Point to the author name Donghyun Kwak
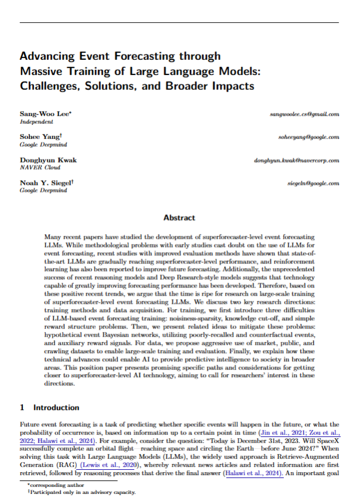pyautogui.click(x=48, y=160)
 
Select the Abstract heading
pyautogui.click(x=179, y=218)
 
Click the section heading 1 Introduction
pyautogui.click(x=49, y=407)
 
